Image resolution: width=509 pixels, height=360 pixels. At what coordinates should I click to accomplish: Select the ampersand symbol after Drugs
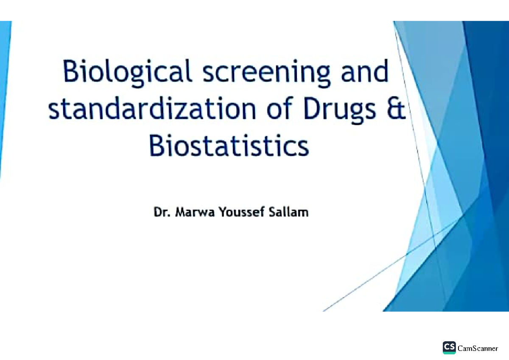pyautogui.click(x=396, y=109)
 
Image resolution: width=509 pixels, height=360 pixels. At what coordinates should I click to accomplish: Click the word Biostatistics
pyautogui.click(x=229, y=146)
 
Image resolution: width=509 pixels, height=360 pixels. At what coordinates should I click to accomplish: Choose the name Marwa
pyautogui.click(x=193, y=212)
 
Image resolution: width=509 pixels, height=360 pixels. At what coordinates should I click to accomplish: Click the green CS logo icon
pyautogui.click(x=449, y=347)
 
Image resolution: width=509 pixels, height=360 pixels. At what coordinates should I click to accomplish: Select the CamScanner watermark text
pyautogui.click(x=478, y=348)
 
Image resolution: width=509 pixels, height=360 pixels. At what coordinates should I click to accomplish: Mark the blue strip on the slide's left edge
pyautogui.click(x=5, y=98)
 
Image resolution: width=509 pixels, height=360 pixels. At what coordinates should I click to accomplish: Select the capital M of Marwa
pyautogui.click(x=178, y=212)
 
